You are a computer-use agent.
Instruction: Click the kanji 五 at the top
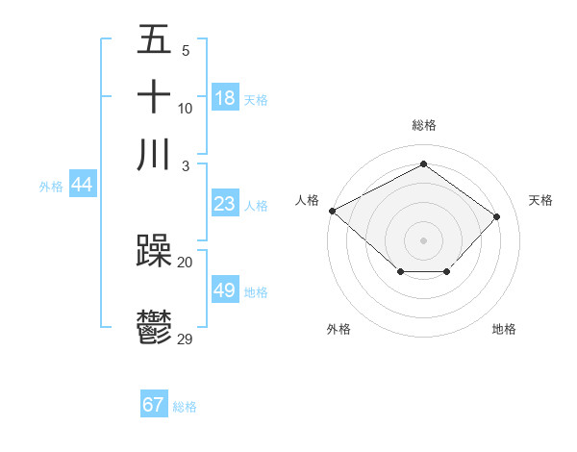(x=155, y=40)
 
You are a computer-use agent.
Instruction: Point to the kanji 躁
(x=155, y=252)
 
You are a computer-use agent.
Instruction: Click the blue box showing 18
(x=225, y=98)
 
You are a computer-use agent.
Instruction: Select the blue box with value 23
(x=225, y=204)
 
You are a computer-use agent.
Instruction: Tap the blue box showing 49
(x=225, y=291)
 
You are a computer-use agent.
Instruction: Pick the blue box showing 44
(x=82, y=186)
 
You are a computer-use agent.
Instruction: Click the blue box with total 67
(x=154, y=405)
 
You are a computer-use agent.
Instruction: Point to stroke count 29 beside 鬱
(x=186, y=339)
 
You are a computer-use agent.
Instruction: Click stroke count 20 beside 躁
(x=186, y=262)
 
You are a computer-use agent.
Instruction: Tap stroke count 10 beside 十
(x=186, y=108)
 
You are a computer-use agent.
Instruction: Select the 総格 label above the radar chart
(x=424, y=125)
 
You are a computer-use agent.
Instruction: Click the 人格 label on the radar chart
(x=308, y=199)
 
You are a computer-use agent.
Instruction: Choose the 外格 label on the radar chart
(x=339, y=329)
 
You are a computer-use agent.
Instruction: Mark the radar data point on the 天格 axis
(x=496, y=216)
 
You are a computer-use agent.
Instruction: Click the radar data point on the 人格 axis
(x=332, y=210)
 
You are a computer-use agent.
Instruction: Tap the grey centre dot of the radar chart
(x=424, y=239)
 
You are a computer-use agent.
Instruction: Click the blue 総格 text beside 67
(x=185, y=407)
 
